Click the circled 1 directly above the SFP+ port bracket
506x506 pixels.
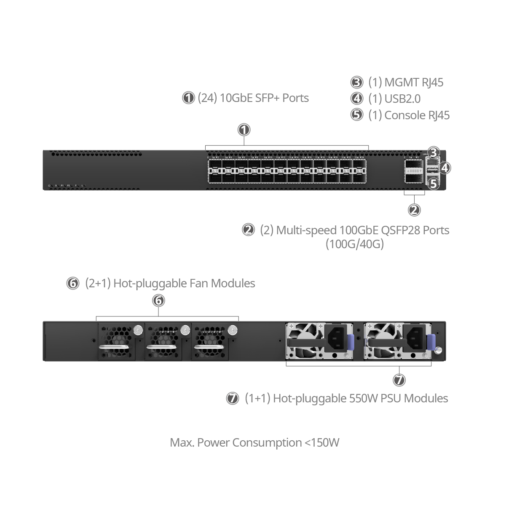(x=244, y=130)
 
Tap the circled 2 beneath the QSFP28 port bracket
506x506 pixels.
(x=414, y=209)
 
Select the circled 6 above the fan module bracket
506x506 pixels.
(x=158, y=300)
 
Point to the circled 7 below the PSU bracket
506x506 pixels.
(x=399, y=380)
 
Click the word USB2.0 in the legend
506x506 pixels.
(x=402, y=99)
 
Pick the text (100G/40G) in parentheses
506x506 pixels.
(x=354, y=244)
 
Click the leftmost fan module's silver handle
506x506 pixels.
(x=113, y=347)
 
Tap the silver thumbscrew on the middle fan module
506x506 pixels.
(x=184, y=330)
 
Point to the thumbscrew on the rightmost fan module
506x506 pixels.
(x=231, y=330)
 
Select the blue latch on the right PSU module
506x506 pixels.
(x=430, y=342)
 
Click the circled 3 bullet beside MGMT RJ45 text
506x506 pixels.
(x=357, y=82)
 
